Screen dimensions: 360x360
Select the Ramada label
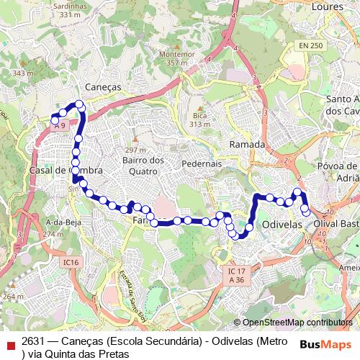[247, 145]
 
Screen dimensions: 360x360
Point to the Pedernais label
[202, 163]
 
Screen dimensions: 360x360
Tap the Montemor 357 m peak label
[177, 58]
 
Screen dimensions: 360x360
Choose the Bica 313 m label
[199, 119]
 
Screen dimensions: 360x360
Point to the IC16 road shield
[70, 262]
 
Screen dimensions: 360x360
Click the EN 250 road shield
[312, 45]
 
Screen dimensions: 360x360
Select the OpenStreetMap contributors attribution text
[297, 323]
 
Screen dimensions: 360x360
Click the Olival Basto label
[336, 224]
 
